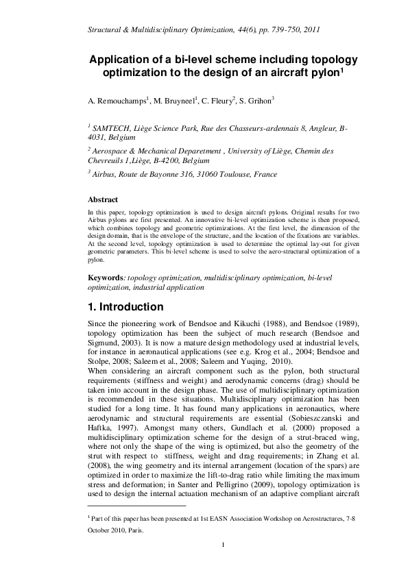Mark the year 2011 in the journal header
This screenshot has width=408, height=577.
(x=306, y=30)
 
